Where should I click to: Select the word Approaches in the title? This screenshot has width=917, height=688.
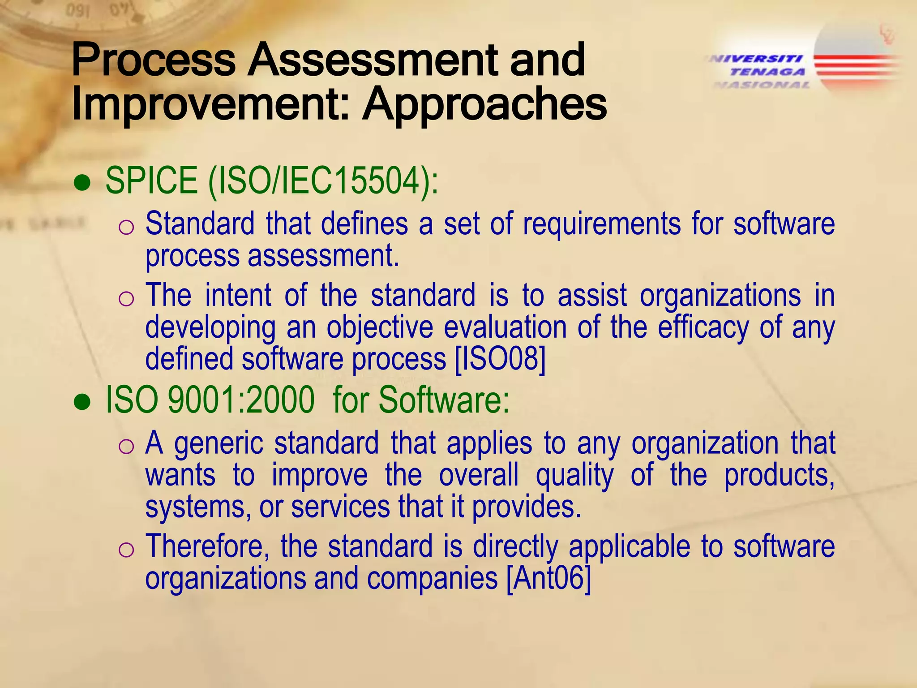(484, 105)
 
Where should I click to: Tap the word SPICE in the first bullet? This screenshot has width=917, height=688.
(151, 180)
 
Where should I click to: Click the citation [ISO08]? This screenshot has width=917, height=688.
(500, 359)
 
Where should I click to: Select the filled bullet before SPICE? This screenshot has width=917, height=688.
(82, 184)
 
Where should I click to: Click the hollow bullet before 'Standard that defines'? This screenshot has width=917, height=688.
(126, 228)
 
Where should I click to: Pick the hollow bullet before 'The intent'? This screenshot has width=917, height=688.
(126, 299)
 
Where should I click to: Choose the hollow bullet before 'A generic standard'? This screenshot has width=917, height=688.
(126, 446)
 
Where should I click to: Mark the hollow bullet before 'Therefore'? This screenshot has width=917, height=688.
(126, 550)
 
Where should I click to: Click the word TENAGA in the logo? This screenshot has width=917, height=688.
(767, 72)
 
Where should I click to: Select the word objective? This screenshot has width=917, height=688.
(380, 327)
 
